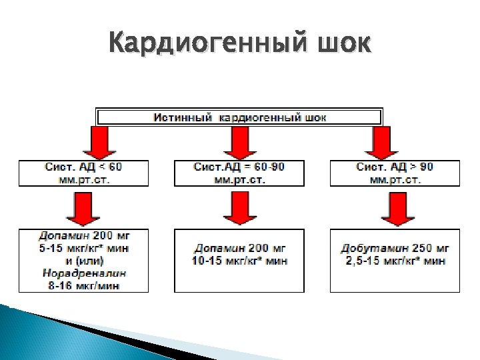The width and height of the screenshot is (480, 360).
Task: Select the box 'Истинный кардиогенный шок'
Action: [x=240, y=117]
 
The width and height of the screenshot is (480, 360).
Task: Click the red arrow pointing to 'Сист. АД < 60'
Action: [x=98, y=142]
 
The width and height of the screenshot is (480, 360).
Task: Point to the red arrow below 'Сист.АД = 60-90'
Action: [x=239, y=208]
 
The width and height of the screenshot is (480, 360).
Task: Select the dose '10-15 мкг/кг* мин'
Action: [x=239, y=261]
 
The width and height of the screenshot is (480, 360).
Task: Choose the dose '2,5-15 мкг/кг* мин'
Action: [x=395, y=261]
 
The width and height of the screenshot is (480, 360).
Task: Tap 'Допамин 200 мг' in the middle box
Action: [x=239, y=249]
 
